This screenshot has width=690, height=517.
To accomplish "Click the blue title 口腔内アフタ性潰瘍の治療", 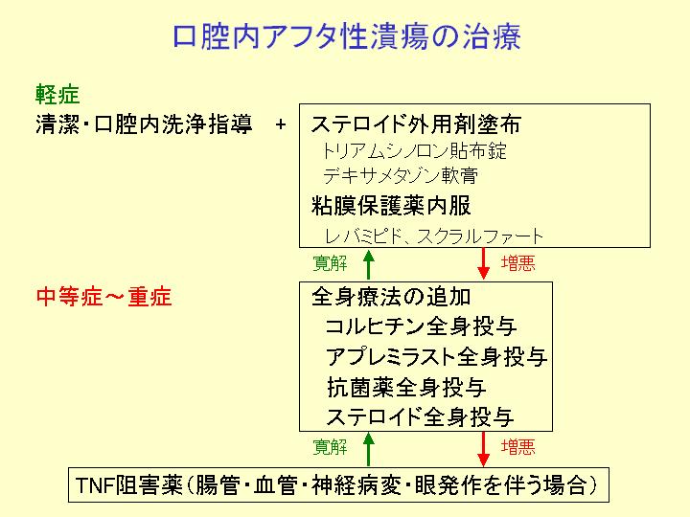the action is (347, 36).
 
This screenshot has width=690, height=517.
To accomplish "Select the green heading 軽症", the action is (57, 95).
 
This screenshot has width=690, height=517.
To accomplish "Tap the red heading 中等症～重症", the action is (103, 297).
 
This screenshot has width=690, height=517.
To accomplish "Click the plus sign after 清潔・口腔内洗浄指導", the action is (280, 124).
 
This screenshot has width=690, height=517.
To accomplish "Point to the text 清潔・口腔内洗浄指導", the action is (144, 124).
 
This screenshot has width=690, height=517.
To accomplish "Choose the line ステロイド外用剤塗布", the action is (416, 124).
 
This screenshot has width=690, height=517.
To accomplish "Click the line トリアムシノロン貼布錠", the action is (414, 151).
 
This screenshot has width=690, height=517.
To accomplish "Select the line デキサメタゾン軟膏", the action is (401, 176).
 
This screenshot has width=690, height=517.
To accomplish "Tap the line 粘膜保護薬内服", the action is (391, 205).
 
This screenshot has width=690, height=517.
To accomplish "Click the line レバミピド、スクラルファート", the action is (434, 236).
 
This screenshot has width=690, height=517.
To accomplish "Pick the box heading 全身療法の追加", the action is (391, 297).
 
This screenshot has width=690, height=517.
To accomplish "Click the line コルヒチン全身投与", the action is (421, 326).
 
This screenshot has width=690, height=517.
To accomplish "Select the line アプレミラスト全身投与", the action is (437, 356).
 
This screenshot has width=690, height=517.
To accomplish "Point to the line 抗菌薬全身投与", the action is (406, 388).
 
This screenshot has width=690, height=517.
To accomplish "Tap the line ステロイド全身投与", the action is (421, 416).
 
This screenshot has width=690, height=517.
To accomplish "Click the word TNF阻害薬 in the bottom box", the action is (129, 485).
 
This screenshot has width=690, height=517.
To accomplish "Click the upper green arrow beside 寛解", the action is (369, 264).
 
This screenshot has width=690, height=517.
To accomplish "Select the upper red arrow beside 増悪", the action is (484, 263).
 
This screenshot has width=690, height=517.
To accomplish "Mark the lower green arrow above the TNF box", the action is (369, 449).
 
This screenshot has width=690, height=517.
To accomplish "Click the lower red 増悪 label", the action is (518, 447).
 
